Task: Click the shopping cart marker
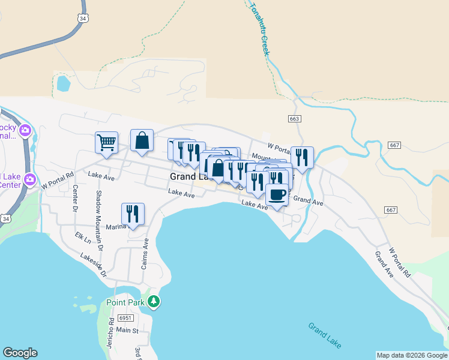106,143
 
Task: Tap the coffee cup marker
276,196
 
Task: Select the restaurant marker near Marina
133,214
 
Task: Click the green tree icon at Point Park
154,301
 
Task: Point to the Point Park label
125,302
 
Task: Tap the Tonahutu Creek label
259,28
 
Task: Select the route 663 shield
294,119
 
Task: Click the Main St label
127,330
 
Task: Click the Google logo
20,353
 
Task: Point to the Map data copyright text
412,355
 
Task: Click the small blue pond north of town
62,83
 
